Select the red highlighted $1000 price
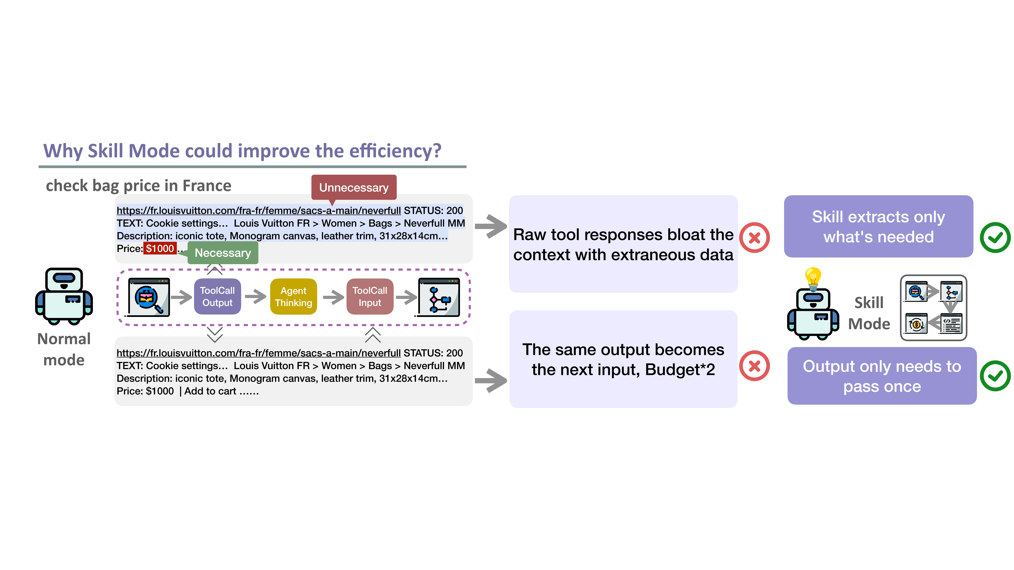click(x=160, y=249)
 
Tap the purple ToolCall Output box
click(x=217, y=297)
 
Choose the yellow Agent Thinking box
click(x=293, y=297)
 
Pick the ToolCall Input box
click(x=370, y=297)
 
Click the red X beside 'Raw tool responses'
click(x=754, y=238)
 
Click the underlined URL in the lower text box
click(x=258, y=353)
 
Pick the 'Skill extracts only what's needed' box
click(x=878, y=227)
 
